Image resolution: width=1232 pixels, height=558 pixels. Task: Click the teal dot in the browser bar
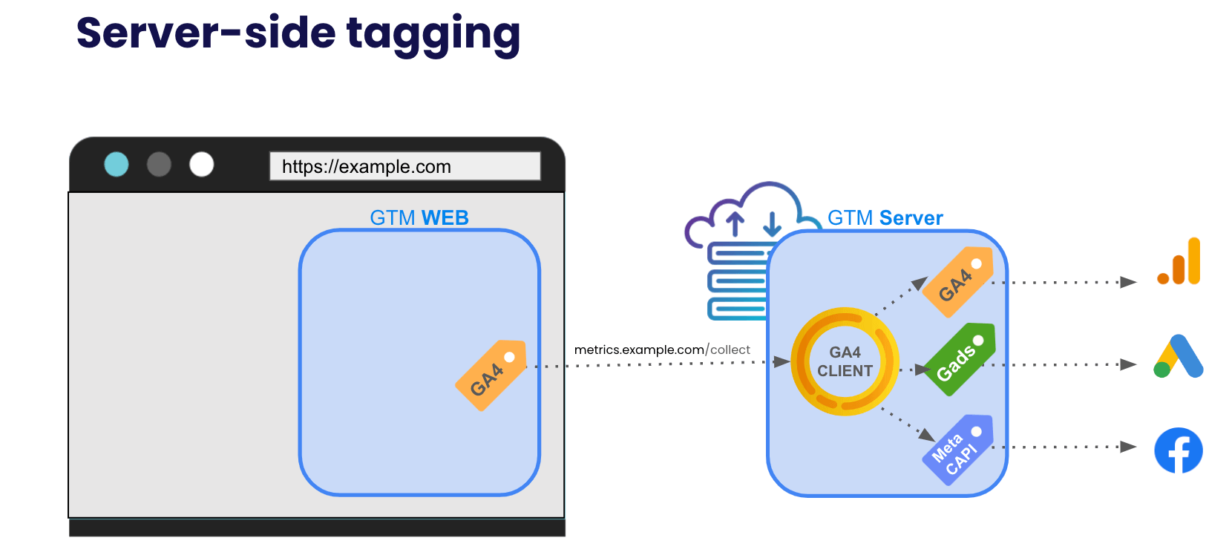click(x=117, y=164)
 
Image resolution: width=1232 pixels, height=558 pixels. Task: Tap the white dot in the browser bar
click(x=201, y=164)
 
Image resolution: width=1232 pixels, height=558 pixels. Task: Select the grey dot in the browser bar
click(x=159, y=164)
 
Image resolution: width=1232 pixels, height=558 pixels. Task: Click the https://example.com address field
click(x=404, y=166)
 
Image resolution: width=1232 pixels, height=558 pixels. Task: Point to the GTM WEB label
click(x=419, y=217)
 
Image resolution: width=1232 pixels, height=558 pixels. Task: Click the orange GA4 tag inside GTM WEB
click(x=491, y=375)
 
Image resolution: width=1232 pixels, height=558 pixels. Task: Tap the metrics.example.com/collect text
click(x=661, y=349)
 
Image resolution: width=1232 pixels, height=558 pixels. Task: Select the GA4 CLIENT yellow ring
click(x=845, y=361)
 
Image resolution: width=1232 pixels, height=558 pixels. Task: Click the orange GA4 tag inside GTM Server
click(x=957, y=282)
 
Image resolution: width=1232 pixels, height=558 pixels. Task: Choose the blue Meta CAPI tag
click(x=957, y=450)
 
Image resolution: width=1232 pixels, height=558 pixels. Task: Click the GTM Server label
click(x=885, y=217)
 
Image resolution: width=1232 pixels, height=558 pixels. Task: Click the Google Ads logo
click(x=1178, y=357)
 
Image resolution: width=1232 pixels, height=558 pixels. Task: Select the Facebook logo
click(x=1178, y=450)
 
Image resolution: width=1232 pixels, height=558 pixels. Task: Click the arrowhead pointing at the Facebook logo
click(x=1129, y=447)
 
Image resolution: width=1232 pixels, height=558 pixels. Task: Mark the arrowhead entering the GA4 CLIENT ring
click(x=781, y=361)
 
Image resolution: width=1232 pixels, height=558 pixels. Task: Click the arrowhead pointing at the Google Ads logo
click(x=1129, y=364)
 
